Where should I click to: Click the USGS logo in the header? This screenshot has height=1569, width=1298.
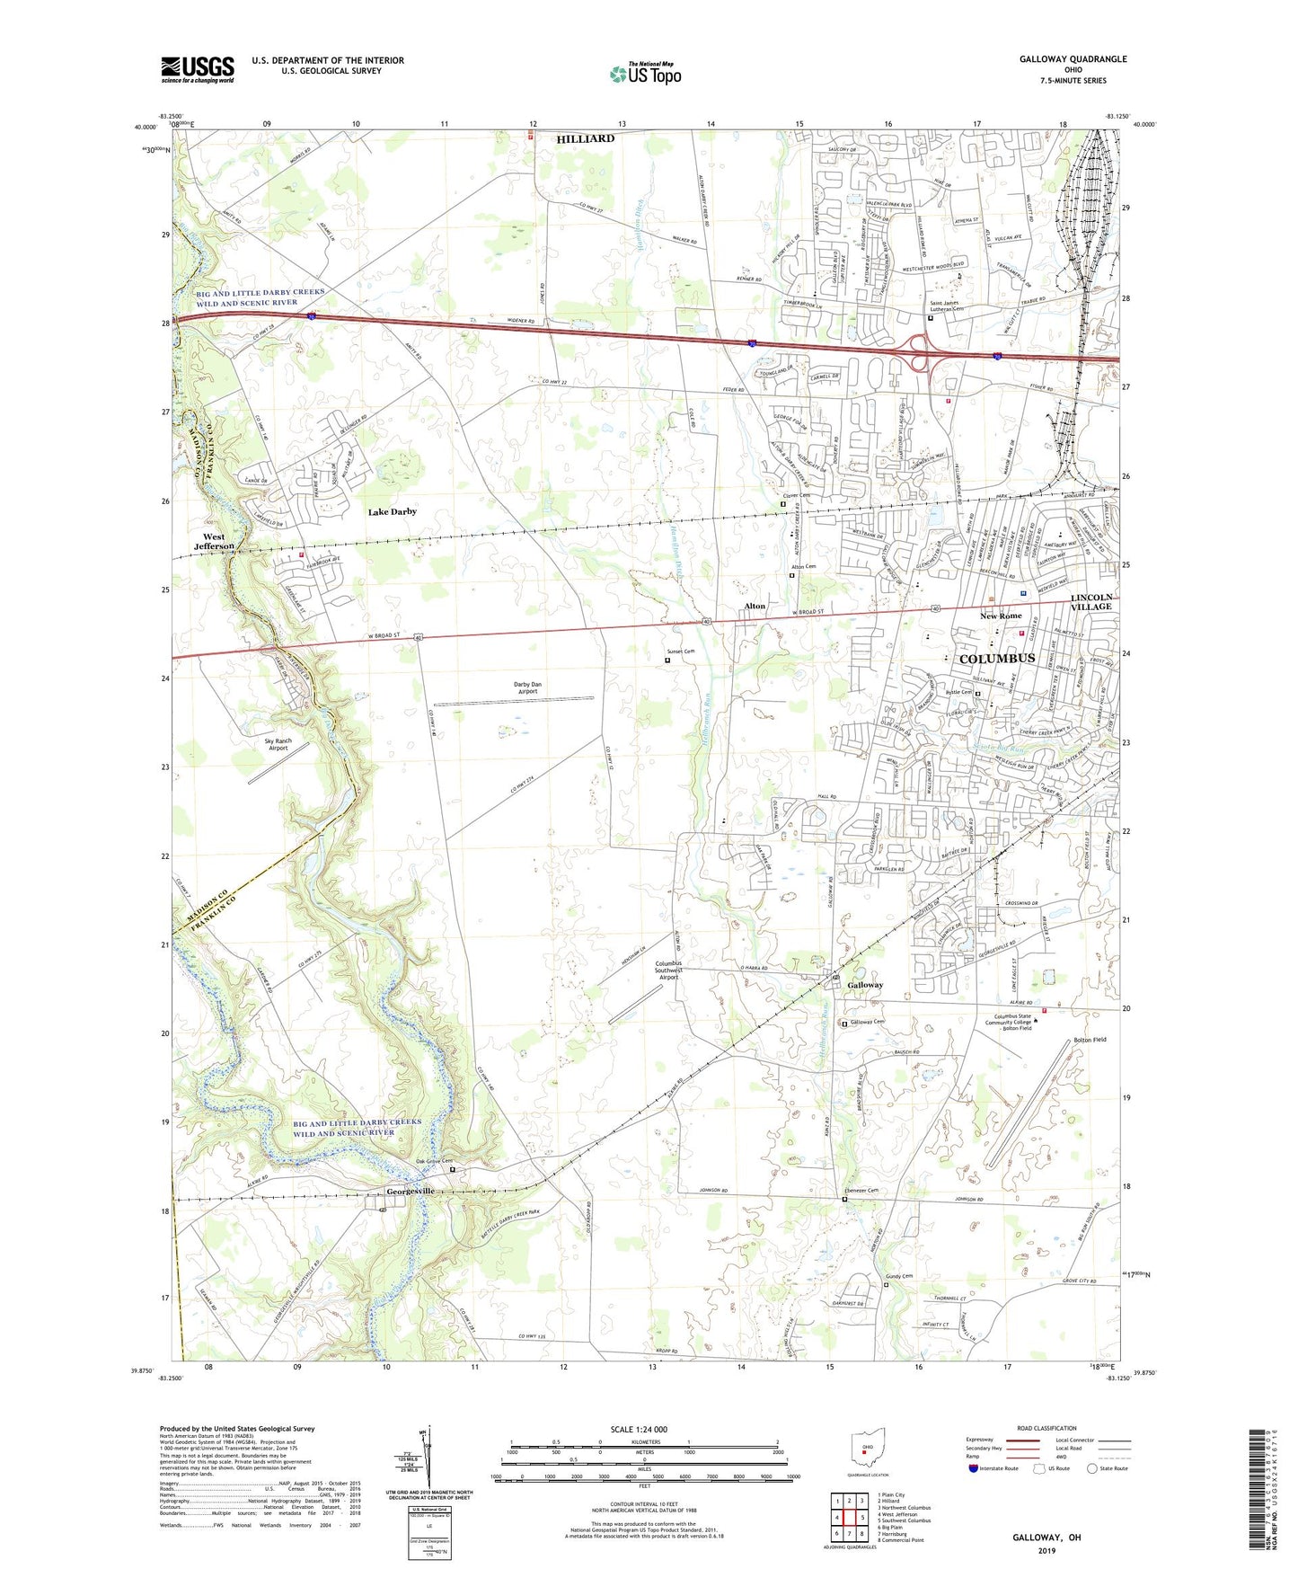(x=198, y=69)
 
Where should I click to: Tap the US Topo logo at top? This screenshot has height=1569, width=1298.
(x=644, y=74)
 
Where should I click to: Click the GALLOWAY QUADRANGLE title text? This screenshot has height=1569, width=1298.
(x=1073, y=59)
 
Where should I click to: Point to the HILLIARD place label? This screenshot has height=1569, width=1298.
(x=585, y=138)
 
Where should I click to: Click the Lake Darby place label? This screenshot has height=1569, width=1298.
(x=393, y=511)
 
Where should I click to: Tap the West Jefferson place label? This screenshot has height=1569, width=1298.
(x=214, y=541)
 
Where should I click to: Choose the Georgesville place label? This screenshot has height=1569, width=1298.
(x=411, y=1192)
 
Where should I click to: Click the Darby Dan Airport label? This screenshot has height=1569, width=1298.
(x=527, y=688)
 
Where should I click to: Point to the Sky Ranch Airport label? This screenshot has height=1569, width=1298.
(x=278, y=744)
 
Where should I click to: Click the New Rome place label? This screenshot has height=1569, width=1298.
(x=1001, y=616)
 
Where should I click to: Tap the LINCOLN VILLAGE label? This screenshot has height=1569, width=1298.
(x=1091, y=601)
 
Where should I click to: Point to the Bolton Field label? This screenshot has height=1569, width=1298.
(x=1090, y=1040)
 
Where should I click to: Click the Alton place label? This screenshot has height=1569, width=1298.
(x=755, y=607)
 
